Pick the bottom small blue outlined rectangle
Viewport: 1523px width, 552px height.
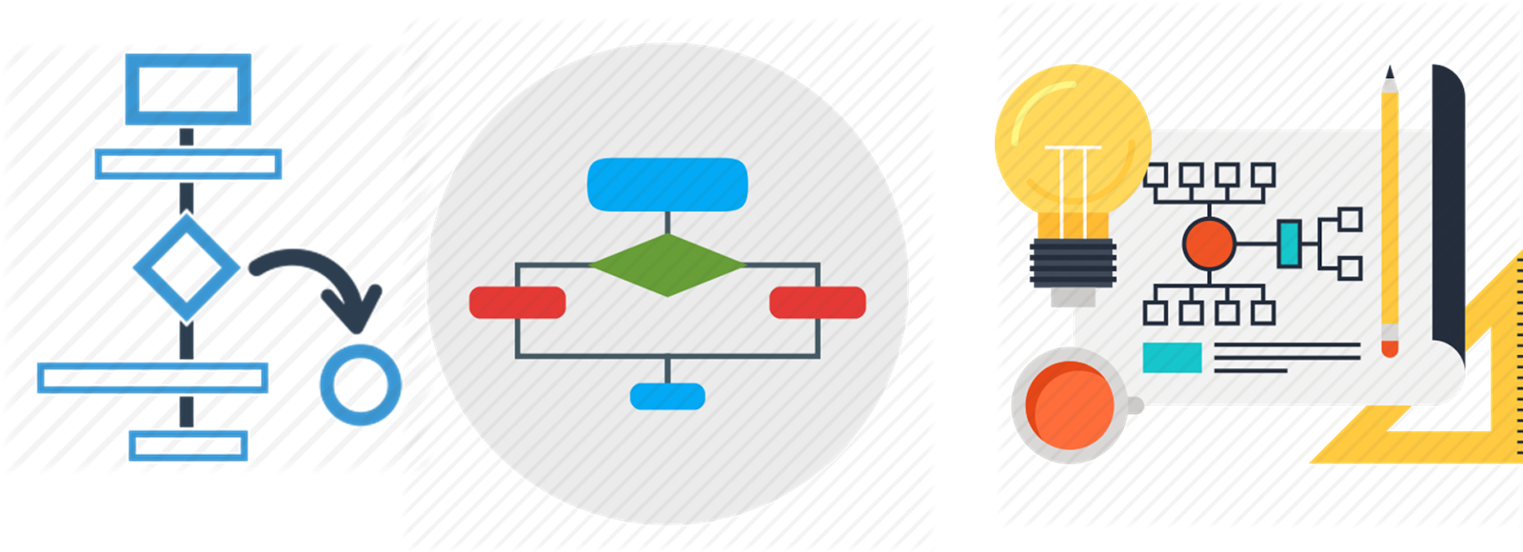pyautogui.click(x=188, y=444)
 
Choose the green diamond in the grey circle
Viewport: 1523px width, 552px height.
pyautogui.click(x=666, y=266)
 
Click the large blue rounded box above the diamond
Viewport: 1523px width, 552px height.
pyautogui.click(x=667, y=184)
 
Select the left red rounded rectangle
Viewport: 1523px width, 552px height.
pyautogui.click(x=518, y=303)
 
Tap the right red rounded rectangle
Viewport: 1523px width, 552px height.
pyautogui.click(x=817, y=303)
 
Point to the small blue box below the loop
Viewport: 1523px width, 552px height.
pyautogui.click(x=667, y=396)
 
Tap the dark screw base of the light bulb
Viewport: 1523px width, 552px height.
pyautogui.click(x=1073, y=264)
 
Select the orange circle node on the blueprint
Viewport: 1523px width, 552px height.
pyautogui.click(x=1209, y=244)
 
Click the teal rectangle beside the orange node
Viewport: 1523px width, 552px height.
pyautogui.click(x=1289, y=244)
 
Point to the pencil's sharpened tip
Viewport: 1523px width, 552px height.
pyautogui.click(x=1390, y=73)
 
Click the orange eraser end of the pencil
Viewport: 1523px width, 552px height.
pyautogui.click(x=1390, y=347)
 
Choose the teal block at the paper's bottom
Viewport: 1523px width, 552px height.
pyautogui.click(x=1172, y=357)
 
